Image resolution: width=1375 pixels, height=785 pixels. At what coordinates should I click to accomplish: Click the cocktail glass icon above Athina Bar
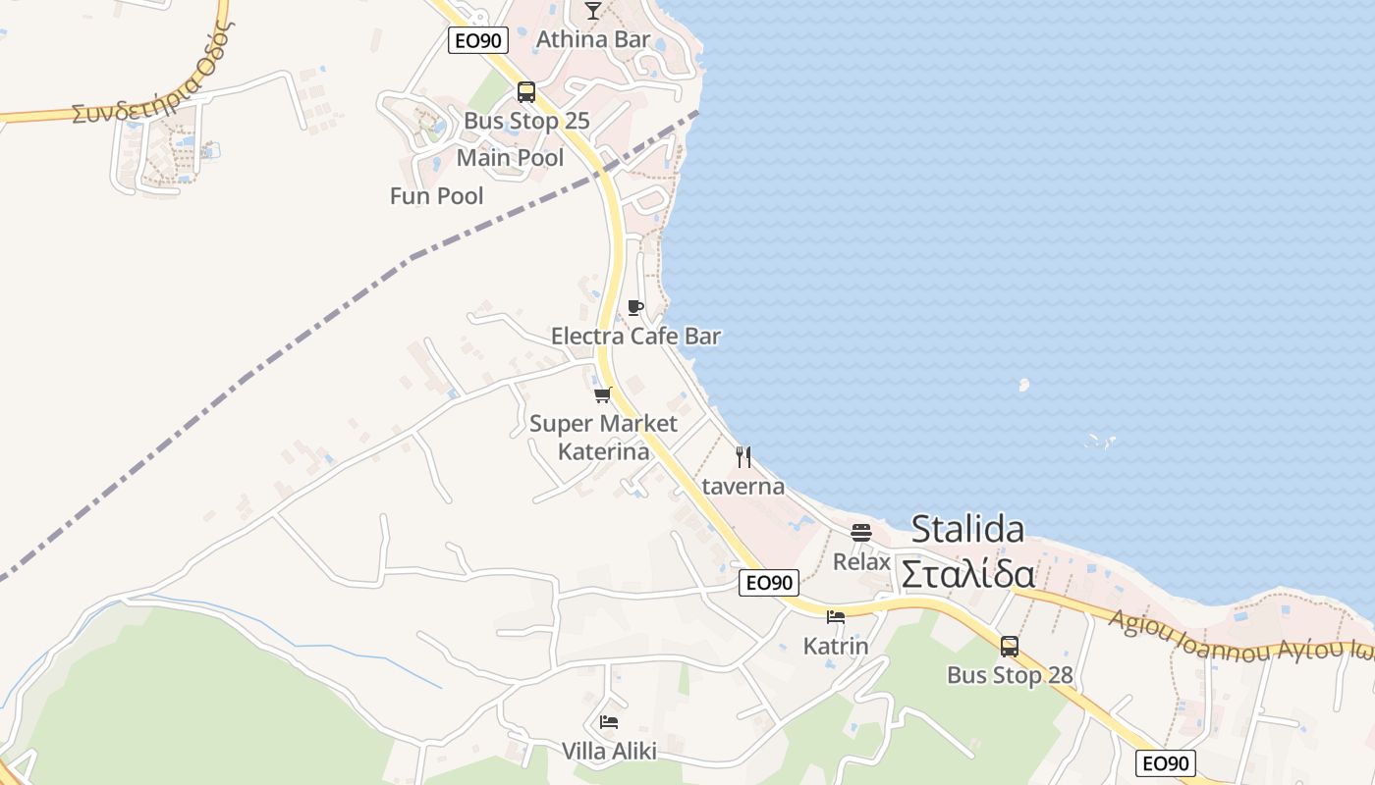[x=592, y=11]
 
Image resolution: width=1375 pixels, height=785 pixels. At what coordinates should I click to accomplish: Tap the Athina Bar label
[x=592, y=39]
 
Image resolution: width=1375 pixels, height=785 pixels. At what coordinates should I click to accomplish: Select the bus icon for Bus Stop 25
[x=526, y=92]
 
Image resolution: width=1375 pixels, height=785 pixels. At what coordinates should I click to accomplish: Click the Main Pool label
[x=510, y=158]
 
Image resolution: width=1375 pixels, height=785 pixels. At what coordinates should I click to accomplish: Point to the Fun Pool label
[x=436, y=196]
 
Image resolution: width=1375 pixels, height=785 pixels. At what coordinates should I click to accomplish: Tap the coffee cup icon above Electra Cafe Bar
[x=635, y=308]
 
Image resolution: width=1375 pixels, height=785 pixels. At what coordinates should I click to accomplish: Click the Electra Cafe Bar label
[x=635, y=337]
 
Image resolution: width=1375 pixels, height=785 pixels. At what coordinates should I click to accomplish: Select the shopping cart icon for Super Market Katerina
[x=603, y=395]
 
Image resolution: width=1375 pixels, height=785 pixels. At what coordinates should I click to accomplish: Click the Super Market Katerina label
[x=603, y=438]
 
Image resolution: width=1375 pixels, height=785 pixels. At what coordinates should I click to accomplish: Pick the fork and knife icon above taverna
[x=743, y=457]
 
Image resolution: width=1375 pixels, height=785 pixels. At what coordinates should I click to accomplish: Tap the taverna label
[x=743, y=487]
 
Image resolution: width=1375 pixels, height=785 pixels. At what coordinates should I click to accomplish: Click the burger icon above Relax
[x=861, y=533]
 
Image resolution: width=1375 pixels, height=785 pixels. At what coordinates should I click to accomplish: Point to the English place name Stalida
[x=967, y=530]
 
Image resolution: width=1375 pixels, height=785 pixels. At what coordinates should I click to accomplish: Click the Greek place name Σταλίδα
[x=967, y=574]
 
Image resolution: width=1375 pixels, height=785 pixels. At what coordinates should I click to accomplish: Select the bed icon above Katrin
[x=836, y=617]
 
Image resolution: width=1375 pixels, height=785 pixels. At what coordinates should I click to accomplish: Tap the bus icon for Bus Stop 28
[x=1010, y=647]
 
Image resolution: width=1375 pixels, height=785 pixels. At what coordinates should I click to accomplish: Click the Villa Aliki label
[x=609, y=752]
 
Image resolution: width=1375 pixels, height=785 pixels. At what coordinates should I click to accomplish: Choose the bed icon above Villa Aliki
[x=609, y=722]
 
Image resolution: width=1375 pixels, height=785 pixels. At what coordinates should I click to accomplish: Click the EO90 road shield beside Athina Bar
[x=477, y=40]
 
